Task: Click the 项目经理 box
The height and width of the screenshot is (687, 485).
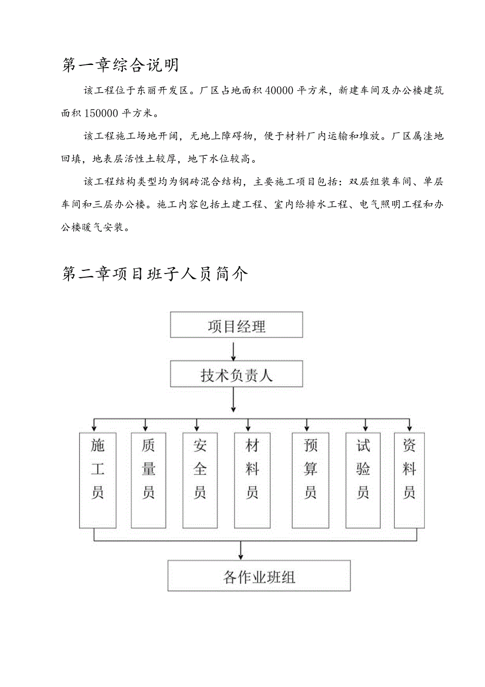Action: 236,325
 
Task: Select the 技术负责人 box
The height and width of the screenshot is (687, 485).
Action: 236,374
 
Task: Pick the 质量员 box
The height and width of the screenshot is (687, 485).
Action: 148,480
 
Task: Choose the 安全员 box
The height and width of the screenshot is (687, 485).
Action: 200,480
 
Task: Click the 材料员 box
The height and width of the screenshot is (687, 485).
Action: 252,480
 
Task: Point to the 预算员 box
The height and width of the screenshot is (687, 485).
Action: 311,480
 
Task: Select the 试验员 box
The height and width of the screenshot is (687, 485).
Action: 363,480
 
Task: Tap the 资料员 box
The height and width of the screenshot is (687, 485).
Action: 410,480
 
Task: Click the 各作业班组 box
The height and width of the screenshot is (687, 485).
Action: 259,576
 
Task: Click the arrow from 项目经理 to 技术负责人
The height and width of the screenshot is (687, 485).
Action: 233,349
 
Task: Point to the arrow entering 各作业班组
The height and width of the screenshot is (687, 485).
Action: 241,551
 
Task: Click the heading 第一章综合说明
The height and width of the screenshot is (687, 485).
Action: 121,65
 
